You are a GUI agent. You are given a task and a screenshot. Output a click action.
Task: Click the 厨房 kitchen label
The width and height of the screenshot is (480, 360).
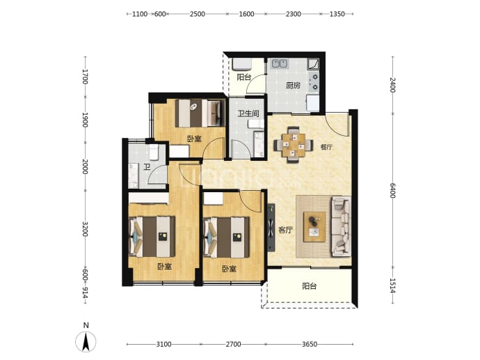293,85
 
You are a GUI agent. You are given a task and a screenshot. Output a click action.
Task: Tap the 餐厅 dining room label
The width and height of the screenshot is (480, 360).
326,147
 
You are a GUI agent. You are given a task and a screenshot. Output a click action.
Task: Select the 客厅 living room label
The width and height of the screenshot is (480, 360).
285,230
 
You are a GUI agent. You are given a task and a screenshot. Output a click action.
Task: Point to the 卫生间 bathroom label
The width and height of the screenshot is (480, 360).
248,114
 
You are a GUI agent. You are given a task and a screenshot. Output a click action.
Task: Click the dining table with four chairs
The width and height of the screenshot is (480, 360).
294,145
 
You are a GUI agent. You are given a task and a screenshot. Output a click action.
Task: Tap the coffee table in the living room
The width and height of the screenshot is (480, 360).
314,227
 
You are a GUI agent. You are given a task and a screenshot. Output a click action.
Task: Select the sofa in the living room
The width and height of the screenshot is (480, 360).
341,226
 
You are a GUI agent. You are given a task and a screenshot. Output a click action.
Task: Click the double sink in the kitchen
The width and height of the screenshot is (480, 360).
280,63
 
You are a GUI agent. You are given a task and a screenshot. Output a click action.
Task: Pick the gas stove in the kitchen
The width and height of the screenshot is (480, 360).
314,81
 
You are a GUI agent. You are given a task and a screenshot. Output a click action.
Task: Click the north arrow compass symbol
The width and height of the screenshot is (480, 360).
86,341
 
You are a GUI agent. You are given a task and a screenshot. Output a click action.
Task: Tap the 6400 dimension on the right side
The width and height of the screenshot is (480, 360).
393,191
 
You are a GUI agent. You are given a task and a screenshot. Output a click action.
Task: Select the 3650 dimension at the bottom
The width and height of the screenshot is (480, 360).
310,345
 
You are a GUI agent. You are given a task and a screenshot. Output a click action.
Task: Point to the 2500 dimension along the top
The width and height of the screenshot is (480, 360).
197,14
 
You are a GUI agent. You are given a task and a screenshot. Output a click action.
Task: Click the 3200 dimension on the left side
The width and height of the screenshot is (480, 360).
85,229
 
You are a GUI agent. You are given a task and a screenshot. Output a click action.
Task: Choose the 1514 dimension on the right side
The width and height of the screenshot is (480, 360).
393,285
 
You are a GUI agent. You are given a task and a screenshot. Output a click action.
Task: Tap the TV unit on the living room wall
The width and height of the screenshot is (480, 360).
271,228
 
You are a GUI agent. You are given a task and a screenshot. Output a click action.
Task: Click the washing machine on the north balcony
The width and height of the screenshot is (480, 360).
242,64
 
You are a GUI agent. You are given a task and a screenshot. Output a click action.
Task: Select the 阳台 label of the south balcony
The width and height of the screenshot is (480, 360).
309,286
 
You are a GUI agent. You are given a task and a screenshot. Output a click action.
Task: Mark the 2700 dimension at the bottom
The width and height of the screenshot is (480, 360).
233,345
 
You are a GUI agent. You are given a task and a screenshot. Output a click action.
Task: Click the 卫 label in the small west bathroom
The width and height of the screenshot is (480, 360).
147,167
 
